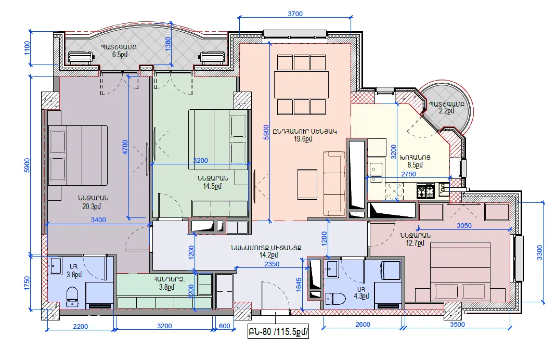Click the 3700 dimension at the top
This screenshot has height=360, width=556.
295,14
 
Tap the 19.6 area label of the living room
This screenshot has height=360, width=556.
303,139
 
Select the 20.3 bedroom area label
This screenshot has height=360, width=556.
92,207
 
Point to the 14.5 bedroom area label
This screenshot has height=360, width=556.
212,186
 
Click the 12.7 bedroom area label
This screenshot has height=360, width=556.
415,243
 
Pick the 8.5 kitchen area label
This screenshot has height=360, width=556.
415,165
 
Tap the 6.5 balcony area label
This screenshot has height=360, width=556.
120,55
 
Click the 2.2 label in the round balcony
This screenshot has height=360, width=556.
446,111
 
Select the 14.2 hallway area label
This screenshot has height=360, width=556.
269,255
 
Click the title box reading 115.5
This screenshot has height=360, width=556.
278,331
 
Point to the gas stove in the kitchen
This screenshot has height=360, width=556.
425,191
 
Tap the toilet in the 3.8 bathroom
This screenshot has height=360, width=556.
72,296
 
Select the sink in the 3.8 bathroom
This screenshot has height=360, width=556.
56,266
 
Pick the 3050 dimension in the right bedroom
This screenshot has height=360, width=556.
464,226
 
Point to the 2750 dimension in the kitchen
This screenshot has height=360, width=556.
408,174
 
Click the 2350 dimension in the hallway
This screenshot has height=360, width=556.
272,264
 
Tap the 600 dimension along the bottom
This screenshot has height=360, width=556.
225,326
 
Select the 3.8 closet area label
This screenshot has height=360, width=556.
166,287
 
